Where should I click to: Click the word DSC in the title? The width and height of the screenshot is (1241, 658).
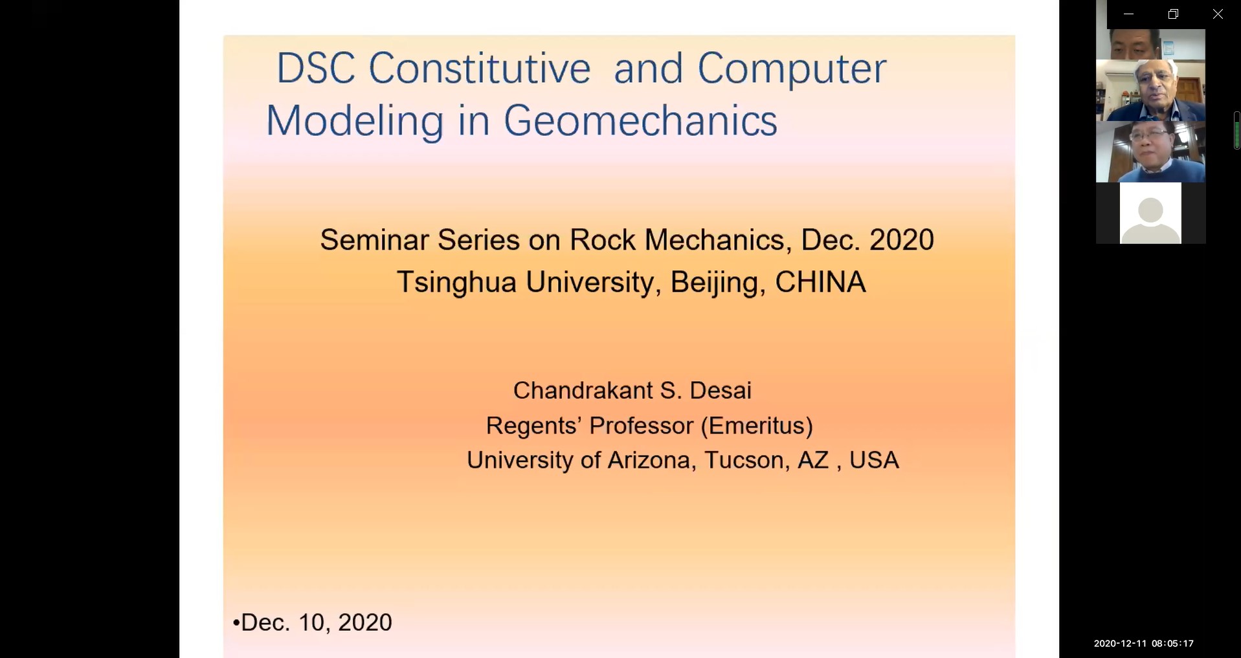315,69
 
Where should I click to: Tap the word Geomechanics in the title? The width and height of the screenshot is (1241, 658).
640,121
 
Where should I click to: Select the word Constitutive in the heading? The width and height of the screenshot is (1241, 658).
480,69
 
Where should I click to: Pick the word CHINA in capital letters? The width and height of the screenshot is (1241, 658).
820,282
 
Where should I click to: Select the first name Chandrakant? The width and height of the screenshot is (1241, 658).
583,390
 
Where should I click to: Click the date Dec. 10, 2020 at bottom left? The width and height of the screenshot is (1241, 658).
317,622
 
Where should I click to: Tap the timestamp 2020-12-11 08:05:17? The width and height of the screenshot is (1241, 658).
1144,643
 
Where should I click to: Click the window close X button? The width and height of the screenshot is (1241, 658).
1218,14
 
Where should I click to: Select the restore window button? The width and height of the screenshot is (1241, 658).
1173,14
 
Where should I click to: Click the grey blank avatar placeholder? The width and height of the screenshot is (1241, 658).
1150,213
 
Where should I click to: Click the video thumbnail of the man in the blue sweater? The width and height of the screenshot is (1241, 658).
1150,152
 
